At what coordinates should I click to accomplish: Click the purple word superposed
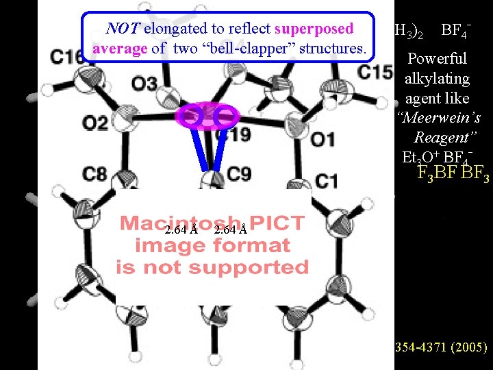point(314,29)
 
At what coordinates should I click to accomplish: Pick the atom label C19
point(232,134)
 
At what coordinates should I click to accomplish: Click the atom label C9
point(238,174)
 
